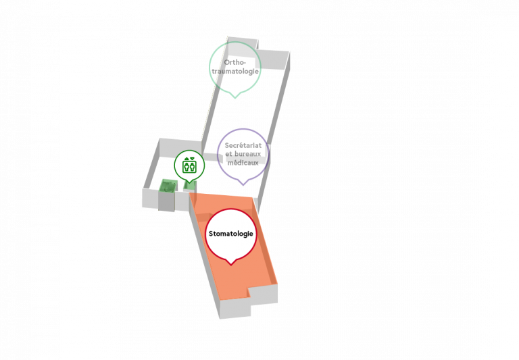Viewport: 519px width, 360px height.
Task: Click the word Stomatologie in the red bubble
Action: (x=230, y=234)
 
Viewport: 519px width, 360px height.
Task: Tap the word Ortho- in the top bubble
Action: (x=235, y=62)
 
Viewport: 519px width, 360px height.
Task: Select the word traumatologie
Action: (x=235, y=71)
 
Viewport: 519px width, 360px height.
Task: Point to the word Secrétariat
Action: (x=243, y=145)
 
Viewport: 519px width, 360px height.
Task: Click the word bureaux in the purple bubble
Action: (x=247, y=154)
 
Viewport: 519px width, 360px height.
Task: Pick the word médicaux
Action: (x=243, y=163)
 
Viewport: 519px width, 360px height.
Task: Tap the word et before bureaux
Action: (x=228, y=154)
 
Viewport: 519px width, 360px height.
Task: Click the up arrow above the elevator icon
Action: (x=187, y=159)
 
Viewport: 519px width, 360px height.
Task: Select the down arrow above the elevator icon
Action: (x=193, y=159)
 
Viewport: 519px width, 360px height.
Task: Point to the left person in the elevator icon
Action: (x=187, y=166)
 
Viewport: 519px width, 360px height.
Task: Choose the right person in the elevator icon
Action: (x=193, y=166)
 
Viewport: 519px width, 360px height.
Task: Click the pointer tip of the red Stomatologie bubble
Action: (x=231, y=265)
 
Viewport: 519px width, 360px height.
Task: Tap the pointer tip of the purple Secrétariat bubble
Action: (x=243, y=185)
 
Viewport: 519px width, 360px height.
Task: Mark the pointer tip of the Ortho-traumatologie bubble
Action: (x=235, y=98)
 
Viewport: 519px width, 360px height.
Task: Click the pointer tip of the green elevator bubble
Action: (x=189, y=182)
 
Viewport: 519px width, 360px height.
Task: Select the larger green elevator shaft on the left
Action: (x=168, y=186)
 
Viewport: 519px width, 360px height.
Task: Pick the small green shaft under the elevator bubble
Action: (x=190, y=186)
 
